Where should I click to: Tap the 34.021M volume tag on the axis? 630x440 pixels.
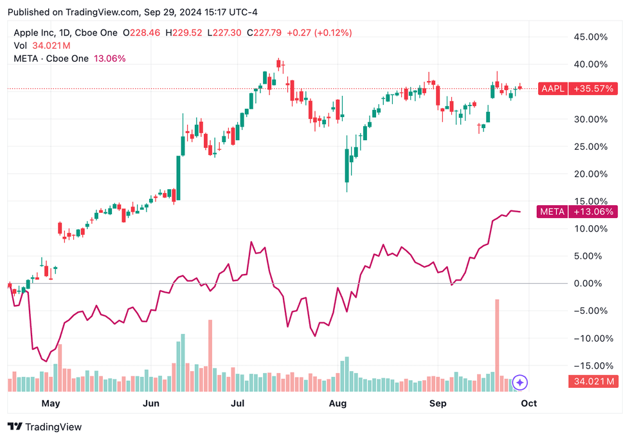(x=593, y=382)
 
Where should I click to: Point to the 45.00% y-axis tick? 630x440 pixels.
(x=590, y=37)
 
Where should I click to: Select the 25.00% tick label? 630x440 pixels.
(x=590, y=147)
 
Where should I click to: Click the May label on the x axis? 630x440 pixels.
(x=50, y=403)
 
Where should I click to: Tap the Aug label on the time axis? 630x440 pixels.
(x=337, y=403)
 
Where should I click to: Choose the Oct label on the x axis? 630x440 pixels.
(x=528, y=403)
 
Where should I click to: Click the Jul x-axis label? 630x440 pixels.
(x=238, y=403)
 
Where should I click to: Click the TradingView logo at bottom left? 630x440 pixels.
(x=45, y=426)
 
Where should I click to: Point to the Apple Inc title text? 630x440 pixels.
(x=42, y=33)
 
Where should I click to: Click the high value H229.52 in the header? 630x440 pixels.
(x=183, y=33)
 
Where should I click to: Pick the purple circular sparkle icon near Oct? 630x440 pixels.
(x=520, y=383)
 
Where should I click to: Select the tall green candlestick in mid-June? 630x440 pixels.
(x=178, y=178)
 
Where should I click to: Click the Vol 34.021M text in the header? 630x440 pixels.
(x=42, y=46)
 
